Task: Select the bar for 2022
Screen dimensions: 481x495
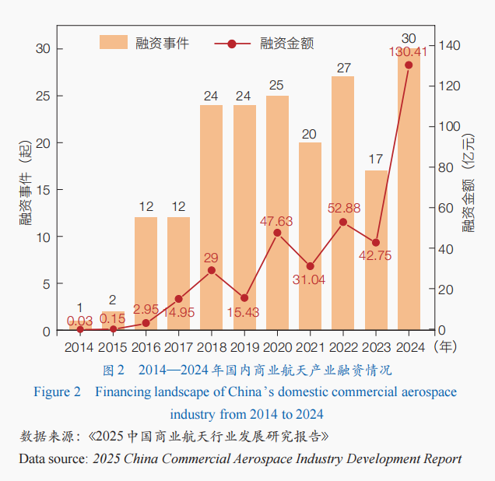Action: (342, 203)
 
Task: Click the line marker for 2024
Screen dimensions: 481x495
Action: (409, 65)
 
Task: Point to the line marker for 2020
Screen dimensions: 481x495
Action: (277, 233)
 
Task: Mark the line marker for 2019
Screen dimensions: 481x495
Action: (244, 298)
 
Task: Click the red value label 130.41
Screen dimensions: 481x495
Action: (408, 52)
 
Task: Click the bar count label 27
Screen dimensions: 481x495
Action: (343, 68)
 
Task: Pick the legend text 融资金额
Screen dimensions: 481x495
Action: (286, 43)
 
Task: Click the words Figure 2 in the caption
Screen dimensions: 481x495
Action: (57, 392)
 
